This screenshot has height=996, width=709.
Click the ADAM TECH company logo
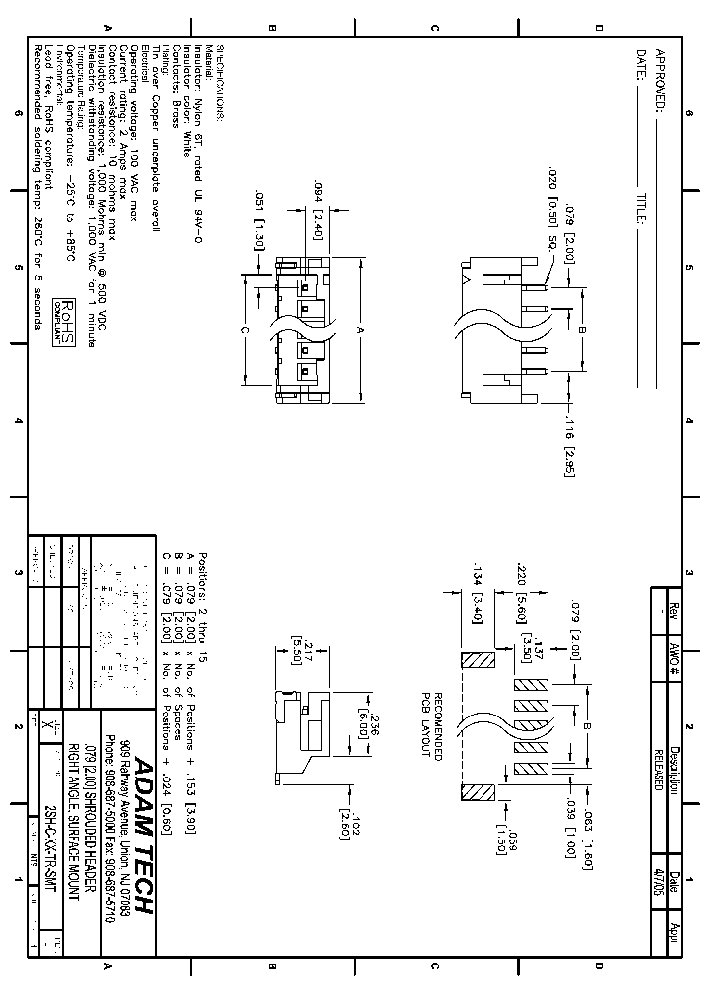(141, 835)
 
